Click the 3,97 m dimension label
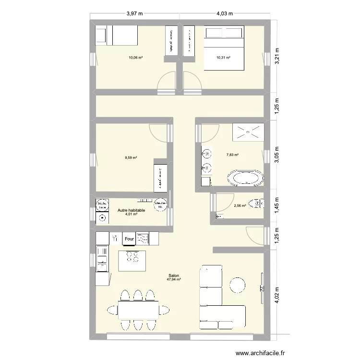(x=135, y=13)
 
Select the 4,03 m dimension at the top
(x=225, y=13)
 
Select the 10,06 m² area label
(x=136, y=58)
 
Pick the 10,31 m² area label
(x=224, y=58)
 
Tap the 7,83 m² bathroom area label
(x=232, y=155)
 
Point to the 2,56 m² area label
(x=240, y=206)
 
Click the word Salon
(x=173, y=276)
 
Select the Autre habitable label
(x=131, y=210)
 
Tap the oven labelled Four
(x=129, y=238)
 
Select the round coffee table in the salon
(x=238, y=285)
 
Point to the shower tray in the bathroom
(x=248, y=132)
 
